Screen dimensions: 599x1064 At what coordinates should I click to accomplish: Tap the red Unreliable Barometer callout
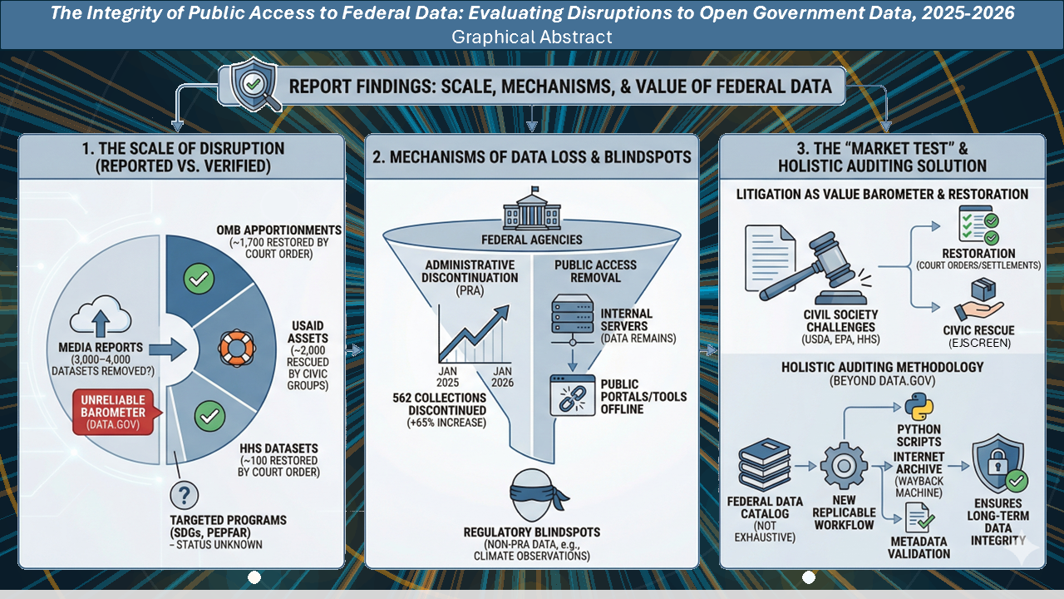pyautogui.click(x=113, y=412)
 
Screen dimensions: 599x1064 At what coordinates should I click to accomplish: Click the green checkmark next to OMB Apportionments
pyautogui.click(x=199, y=279)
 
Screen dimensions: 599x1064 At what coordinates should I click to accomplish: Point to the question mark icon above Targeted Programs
pyautogui.click(x=184, y=495)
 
